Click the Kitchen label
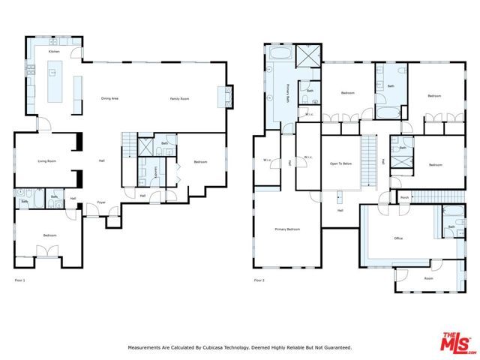[54, 52]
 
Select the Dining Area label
[112, 99]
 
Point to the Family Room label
[178, 99]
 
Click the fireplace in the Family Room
[221, 97]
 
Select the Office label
[399, 238]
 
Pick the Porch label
[404, 198]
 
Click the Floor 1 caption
[20, 280]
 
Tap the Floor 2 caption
[259, 280]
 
